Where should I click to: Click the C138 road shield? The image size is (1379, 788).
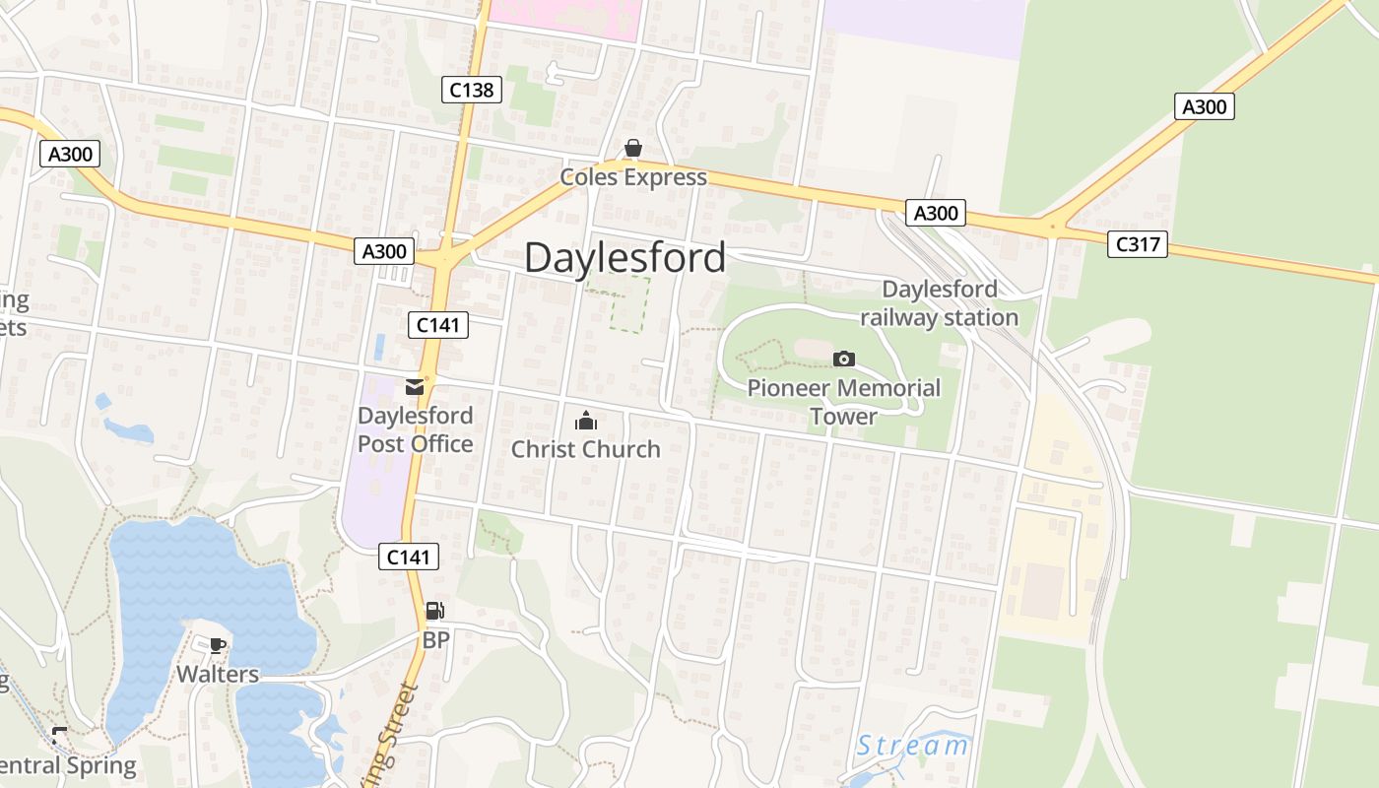tap(471, 90)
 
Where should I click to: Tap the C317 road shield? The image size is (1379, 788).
tap(1138, 243)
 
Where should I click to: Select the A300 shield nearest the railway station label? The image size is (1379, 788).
tap(936, 212)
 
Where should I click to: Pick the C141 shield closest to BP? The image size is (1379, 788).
tap(409, 557)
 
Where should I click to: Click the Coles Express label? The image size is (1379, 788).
tap(633, 177)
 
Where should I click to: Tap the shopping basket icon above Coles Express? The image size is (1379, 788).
tap(632, 149)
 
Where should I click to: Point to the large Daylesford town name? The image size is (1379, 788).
tap(625, 257)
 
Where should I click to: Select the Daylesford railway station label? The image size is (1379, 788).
tap(939, 303)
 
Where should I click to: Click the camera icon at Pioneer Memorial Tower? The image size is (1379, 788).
tap(844, 360)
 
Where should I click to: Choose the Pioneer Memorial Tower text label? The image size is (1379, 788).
tap(844, 402)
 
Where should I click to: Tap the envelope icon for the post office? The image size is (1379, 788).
tap(415, 387)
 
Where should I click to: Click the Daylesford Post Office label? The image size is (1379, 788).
tap(415, 429)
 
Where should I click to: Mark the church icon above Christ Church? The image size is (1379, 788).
tap(586, 422)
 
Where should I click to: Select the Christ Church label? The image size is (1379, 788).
tap(585, 449)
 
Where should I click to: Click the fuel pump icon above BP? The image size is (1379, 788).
tap(434, 612)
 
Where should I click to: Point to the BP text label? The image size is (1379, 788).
tap(435, 640)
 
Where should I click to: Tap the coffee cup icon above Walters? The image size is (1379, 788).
tap(218, 646)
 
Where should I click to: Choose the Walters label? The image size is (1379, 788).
tap(218, 675)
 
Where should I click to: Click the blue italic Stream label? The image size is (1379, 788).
tap(912, 746)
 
